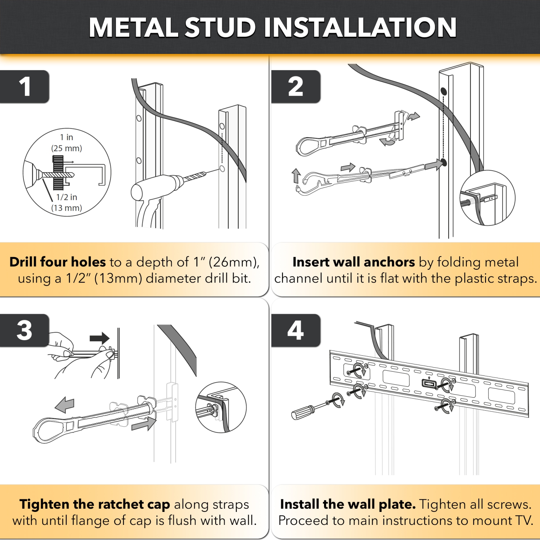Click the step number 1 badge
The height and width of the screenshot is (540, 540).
(x=24, y=87)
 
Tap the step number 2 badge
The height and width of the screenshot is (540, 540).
(x=296, y=87)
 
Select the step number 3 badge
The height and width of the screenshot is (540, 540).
(x=24, y=330)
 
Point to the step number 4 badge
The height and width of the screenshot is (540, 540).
(x=296, y=330)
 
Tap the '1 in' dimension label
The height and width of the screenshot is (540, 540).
(x=67, y=137)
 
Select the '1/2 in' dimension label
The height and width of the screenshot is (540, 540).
(x=67, y=197)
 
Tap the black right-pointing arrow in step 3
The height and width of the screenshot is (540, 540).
(x=99, y=338)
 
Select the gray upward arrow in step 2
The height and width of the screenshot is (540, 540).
(x=296, y=176)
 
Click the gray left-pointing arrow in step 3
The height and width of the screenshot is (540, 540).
(x=65, y=405)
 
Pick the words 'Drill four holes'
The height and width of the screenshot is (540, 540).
(x=58, y=262)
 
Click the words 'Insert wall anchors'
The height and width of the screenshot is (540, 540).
(x=354, y=262)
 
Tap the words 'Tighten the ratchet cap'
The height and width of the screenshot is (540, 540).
(x=95, y=504)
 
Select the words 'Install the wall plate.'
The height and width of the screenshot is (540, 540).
(x=348, y=504)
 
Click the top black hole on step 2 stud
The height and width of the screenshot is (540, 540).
(x=444, y=91)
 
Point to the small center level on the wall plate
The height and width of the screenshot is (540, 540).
(x=429, y=383)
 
